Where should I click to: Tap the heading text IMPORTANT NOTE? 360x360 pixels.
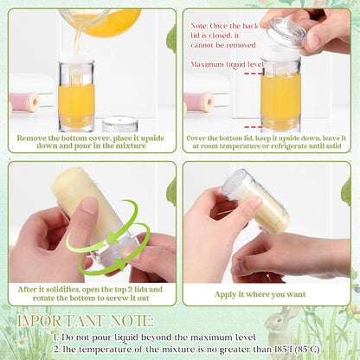(85, 321)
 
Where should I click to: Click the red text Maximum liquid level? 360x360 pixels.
(227, 64)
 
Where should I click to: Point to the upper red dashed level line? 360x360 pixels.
(253, 74)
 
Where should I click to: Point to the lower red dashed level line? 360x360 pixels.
(253, 127)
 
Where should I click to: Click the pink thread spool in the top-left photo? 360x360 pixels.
(24, 102)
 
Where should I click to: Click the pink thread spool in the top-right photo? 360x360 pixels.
(199, 102)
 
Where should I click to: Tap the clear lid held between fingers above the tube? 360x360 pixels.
(286, 32)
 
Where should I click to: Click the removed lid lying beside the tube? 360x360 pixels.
(119, 124)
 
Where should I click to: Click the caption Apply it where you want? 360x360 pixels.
(260, 294)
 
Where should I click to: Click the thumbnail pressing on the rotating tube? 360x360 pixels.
(89, 205)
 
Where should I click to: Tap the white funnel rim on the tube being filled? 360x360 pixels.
(76, 57)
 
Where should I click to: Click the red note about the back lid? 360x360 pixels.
(224, 35)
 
